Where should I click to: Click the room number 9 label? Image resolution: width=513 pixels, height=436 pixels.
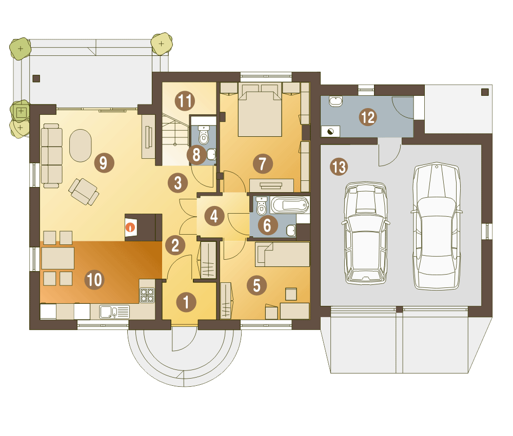tap(104, 163)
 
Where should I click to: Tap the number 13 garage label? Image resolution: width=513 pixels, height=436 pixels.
tap(339, 167)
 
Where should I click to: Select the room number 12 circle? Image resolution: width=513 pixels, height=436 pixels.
tap(368, 117)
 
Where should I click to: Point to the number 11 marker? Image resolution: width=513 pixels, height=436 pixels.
tap(185, 101)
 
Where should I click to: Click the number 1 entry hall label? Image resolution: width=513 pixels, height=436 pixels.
tap(186, 302)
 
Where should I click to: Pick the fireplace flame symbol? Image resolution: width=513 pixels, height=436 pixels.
tap(131, 227)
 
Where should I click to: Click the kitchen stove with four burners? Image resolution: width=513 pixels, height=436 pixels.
tap(147, 295)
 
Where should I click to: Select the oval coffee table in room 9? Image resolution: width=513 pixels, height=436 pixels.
tap(81, 146)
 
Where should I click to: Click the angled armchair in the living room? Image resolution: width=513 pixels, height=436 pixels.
tap(84, 192)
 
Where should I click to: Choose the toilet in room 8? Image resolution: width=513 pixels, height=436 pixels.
tap(204, 136)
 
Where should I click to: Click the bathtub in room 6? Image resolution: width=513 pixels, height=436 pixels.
tap(290, 205)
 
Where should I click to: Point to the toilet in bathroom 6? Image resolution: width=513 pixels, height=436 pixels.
tap(262, 206)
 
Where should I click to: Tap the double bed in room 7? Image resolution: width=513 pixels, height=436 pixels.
tap(260, 110)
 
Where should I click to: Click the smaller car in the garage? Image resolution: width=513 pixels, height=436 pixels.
tap(366, 233)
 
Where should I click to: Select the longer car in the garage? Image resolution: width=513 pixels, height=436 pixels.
tap(437, 226)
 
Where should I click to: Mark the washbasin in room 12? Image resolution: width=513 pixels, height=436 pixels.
tap(336, 101)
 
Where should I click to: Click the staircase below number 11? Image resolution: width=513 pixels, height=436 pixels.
tap(176, 139)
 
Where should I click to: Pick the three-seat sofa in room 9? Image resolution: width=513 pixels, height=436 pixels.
tap(52, 156)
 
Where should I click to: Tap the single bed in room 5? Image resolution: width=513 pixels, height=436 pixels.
tap(283, 254)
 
